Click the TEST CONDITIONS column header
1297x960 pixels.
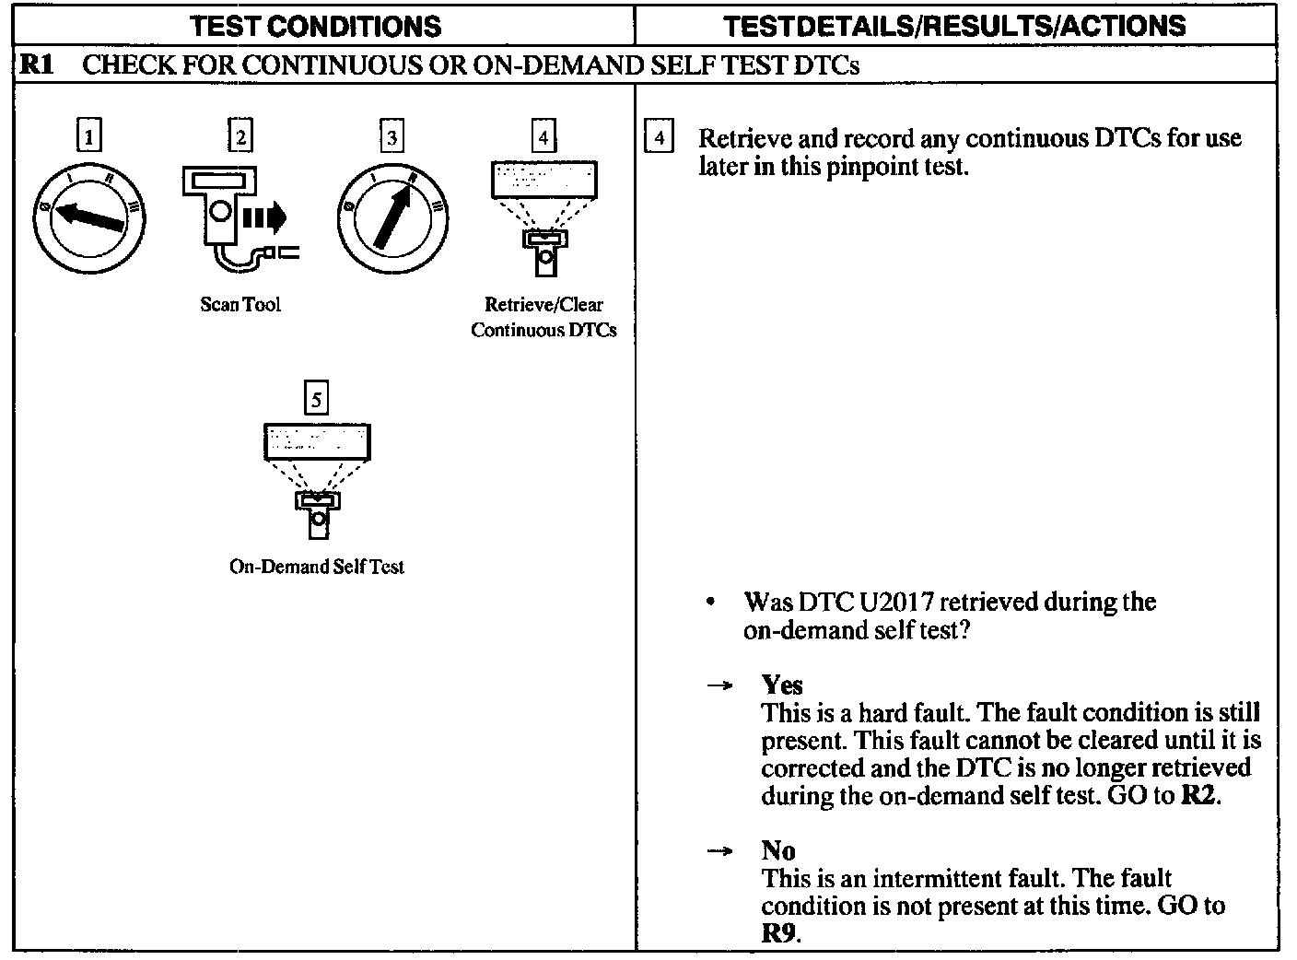click(316, 27)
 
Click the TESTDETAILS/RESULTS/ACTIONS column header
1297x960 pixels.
click(954, 27)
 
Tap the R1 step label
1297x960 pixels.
click(38, 65)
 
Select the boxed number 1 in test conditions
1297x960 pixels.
click(88, 138)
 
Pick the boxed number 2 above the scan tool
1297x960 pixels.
click(240, 138)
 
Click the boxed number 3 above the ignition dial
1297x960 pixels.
click(392, 138)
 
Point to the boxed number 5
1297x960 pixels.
click(317, 399)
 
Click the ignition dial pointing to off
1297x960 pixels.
click(89, 219)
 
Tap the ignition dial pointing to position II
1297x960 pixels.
click(393, 219)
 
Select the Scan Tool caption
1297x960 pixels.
click(240, 305)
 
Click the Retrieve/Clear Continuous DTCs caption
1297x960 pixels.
click(543, 317)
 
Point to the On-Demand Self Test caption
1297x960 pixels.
click(316, 567)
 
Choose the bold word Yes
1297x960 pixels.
click(782, 685)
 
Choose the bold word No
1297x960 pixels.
click(778, 850)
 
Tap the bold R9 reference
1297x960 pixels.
click(780, 932)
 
